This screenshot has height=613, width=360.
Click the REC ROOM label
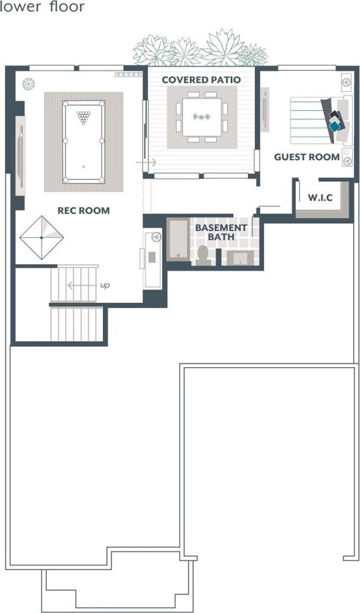(83, 210)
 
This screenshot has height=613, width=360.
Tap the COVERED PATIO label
(201, 80)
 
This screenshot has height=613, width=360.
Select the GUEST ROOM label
(307, 157)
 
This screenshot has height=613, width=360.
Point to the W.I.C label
(320, 198)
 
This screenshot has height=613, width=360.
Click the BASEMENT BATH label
(221, 232)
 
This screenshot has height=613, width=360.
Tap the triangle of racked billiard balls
(83, 117)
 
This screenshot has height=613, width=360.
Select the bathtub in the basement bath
(178, 239)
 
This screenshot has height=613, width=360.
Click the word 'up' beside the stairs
(105, 286)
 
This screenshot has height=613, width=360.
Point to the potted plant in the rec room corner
(29, 84)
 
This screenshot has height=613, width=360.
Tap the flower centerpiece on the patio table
(201, 116)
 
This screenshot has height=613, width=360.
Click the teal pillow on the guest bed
(334, 126)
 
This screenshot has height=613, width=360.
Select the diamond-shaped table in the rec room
(42, 237)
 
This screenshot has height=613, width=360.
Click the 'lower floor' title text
(42, 7)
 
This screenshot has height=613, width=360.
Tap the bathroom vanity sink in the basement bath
(240, 258)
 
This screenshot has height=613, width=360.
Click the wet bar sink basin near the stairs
(152, 257)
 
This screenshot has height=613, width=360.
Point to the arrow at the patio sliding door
(146, 162)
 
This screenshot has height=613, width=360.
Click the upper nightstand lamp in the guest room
(347, 82)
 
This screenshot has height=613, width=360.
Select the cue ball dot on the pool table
(83, 167)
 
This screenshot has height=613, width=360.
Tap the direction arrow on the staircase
(82, 286)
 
